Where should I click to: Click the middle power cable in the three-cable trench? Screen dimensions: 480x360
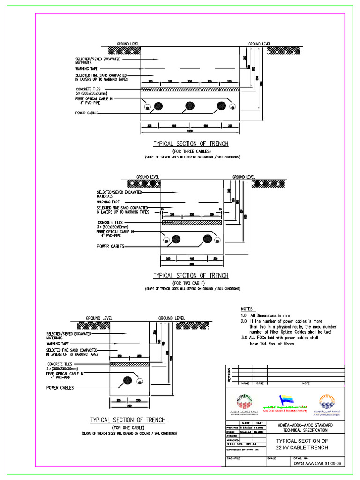pos(190,105)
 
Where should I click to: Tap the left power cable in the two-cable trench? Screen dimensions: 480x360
pos(177,239)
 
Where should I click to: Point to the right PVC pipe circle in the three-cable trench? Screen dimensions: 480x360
pos(232,107)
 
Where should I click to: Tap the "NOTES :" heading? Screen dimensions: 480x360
pos(248,309)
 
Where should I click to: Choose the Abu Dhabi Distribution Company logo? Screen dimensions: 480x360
pos(241,404)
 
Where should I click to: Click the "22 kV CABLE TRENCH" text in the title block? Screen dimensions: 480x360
pos(302,447)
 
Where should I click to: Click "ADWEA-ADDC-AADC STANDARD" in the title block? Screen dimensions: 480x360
pos(305,425)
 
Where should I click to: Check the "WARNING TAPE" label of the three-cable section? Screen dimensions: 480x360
pos(88,69)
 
